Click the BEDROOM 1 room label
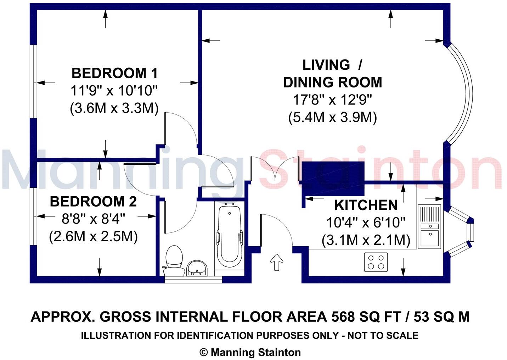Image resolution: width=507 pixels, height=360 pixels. point(114,73)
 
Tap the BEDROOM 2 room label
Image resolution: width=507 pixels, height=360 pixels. point(93,202)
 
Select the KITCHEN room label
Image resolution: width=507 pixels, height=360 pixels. point(366,206)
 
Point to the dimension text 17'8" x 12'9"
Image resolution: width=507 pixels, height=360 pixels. point(332,100)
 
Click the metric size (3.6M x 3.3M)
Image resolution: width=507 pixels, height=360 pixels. point(114,108)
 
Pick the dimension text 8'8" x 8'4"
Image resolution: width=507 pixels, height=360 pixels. point(94,219)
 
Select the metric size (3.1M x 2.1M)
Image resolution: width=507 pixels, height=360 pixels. point(366,240)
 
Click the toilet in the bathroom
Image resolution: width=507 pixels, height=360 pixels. point(174,261)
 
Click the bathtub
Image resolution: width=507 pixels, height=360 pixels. point(230,236)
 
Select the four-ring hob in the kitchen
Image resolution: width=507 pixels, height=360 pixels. point(376,262)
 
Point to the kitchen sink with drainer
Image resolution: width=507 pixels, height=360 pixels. point(429,226)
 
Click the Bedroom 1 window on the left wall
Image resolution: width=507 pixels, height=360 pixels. point(33,81)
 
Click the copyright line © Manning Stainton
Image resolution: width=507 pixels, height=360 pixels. point(250,353)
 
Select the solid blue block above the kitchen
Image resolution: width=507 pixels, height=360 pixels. point(333,179)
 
